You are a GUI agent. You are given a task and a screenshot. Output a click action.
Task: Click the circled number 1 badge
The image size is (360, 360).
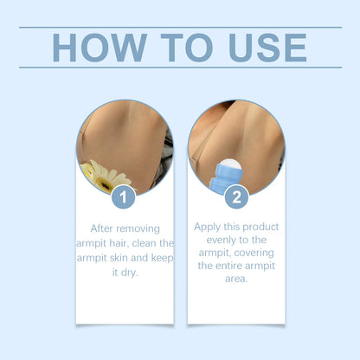click(x=124, y=196)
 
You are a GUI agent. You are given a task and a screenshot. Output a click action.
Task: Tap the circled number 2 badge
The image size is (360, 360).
click(x=235, y=196)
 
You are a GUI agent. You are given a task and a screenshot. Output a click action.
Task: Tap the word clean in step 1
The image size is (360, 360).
click(x=139, y=243)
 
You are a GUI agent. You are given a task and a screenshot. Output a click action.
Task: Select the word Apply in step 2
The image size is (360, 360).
click(x=209, y=226)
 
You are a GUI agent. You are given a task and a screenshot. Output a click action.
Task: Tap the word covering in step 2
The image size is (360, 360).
click(x=263, y=254)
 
